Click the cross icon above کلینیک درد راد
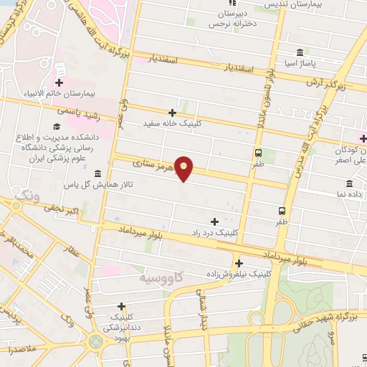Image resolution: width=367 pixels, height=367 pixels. pos(214,221)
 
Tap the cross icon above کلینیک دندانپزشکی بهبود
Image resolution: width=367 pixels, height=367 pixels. pos(121,306)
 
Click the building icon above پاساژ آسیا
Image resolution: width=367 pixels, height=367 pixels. pos(299,53)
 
